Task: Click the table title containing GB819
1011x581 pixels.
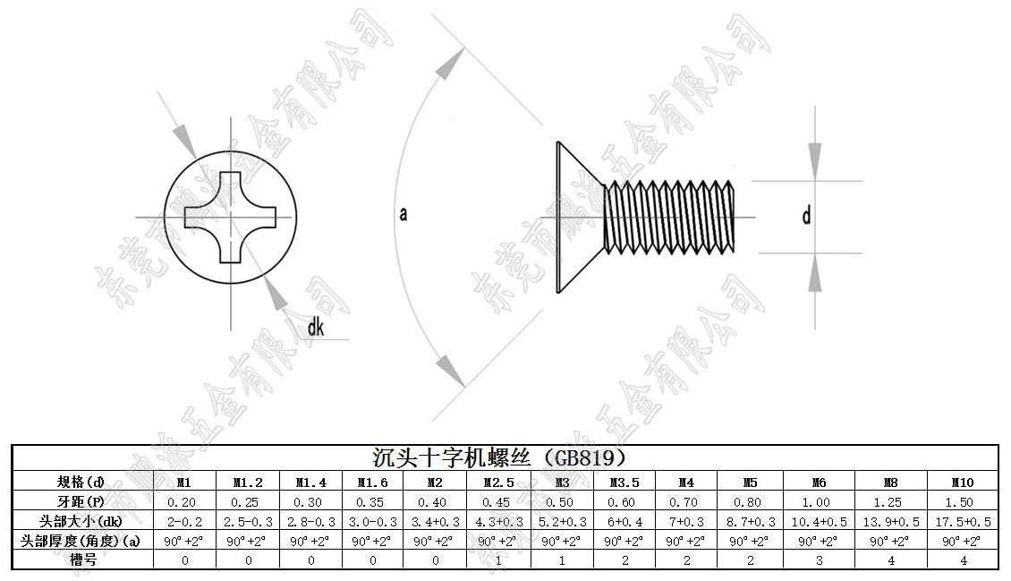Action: click(x=505, y=457)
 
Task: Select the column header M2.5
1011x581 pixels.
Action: click(x=497, y=482)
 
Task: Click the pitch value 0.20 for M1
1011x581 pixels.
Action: click(x=184, y=501)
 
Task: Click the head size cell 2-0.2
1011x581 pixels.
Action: click(x=184, y=521)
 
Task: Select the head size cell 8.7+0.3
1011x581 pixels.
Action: click(x=750, y=521)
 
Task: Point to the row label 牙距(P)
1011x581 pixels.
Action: click(x=81, y=501)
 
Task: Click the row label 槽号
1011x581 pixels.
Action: click(x=81, y=560)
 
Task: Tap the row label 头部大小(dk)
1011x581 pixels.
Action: click(x=81, y=521)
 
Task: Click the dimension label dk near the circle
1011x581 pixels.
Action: click(x=315, y=329)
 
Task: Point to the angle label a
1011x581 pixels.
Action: click(x=404, y=215)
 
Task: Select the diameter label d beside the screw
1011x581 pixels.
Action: click(x=806, y=216)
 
